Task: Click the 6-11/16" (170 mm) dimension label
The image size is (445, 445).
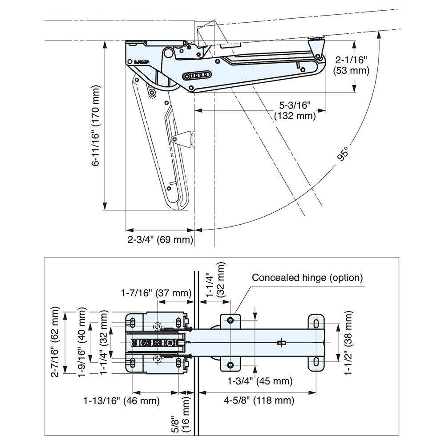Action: [96, 125]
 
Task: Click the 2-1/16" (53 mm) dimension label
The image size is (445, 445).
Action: [352, 65]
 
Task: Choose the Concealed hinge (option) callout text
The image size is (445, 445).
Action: [307, 278]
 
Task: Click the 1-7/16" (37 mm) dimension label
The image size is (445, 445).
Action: [156, 293]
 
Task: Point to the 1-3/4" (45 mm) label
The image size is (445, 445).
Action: [260, 381]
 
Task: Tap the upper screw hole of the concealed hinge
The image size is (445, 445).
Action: [231, 320]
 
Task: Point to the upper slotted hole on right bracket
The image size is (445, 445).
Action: [316, 324]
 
